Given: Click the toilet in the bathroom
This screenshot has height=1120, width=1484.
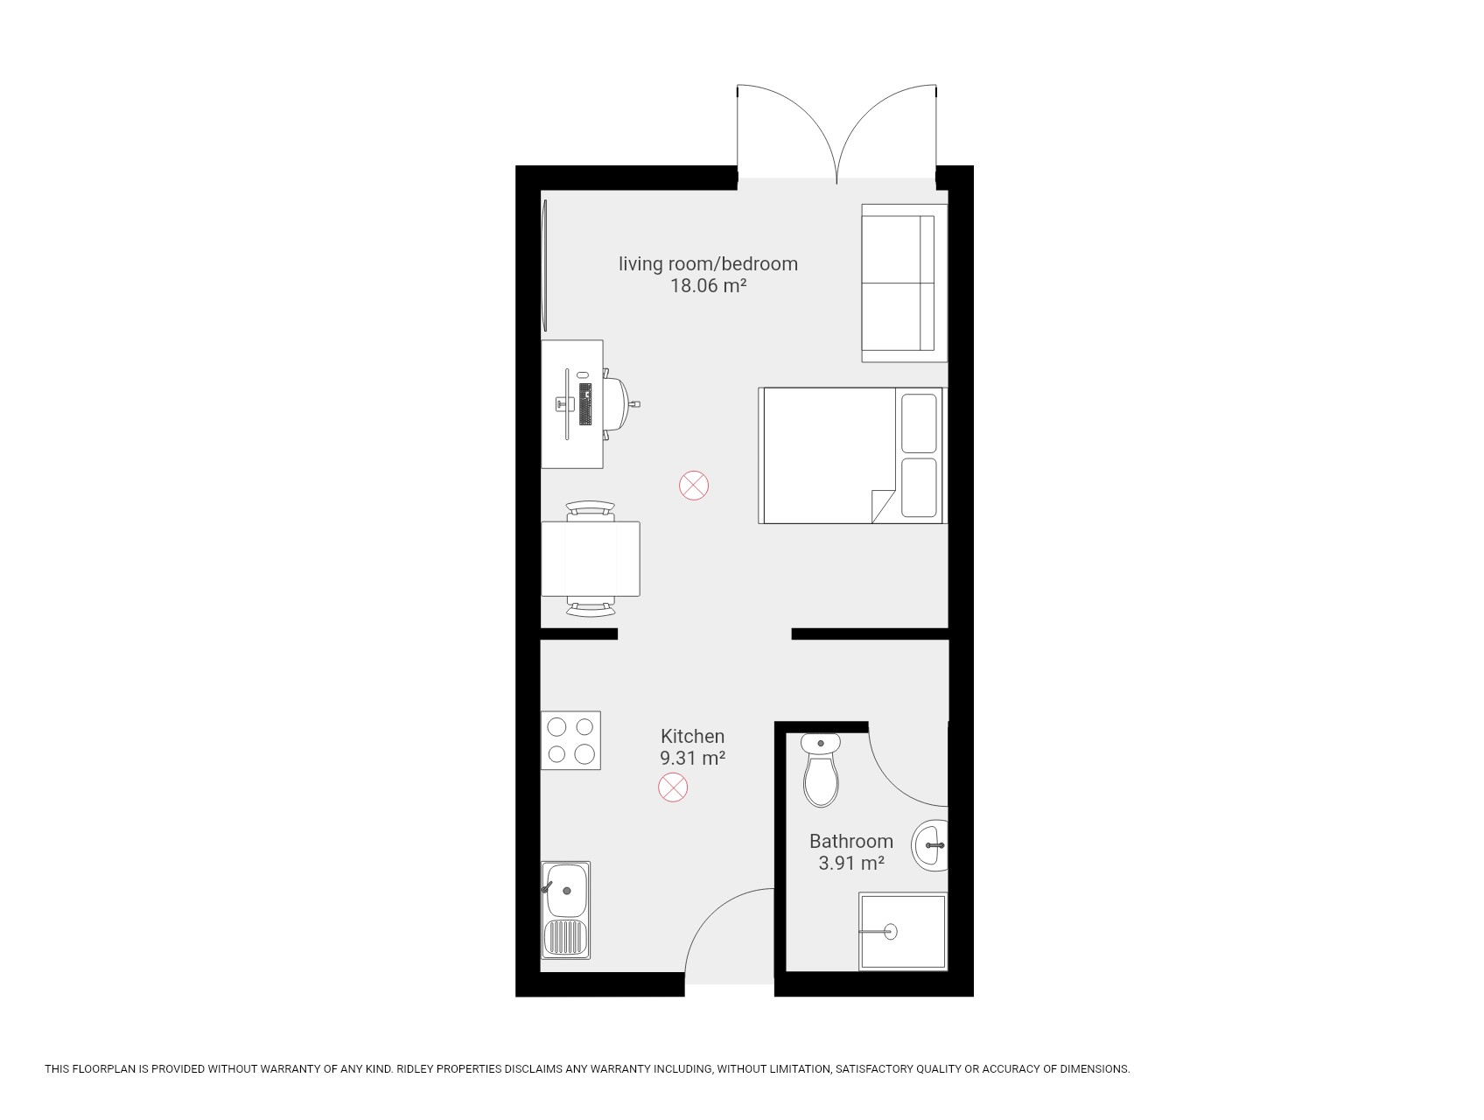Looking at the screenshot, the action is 821,770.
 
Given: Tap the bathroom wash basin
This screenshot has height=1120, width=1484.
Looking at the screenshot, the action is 930,846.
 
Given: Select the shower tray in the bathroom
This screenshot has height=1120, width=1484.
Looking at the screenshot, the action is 903,931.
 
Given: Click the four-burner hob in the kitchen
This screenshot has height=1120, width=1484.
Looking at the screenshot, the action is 570,740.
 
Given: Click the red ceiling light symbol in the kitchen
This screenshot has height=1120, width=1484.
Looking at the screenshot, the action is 673,787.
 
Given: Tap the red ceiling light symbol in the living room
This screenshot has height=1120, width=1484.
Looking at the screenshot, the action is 694,486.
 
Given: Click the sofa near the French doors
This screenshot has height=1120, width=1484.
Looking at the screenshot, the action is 904,283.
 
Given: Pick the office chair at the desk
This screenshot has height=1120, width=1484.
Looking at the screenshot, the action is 619,403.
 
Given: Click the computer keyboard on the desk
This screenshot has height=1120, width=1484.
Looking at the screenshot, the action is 585,403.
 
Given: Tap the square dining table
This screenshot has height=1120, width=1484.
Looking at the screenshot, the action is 591,558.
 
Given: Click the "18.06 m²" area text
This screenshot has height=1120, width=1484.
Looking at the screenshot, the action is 708,285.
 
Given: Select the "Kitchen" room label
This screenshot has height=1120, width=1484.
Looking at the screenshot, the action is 693,737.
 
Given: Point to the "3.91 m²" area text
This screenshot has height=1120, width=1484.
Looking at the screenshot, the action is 851,863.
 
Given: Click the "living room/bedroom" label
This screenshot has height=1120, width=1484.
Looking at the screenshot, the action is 709,263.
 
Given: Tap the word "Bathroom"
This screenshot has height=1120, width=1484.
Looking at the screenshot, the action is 851,841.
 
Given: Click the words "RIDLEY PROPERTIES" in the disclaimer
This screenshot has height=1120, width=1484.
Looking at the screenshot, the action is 446,1068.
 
